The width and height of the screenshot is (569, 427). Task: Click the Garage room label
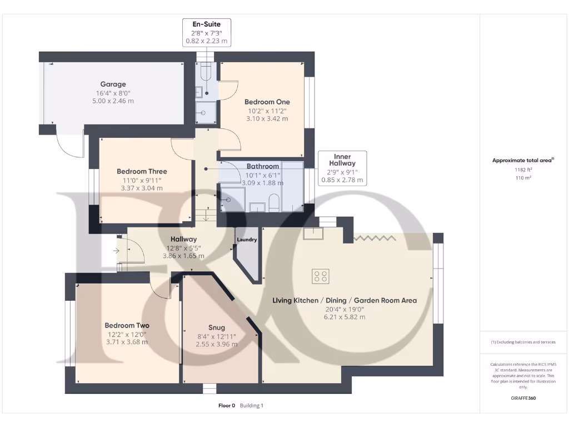tap(113, 85)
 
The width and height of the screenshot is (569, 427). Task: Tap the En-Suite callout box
tap(206, 32)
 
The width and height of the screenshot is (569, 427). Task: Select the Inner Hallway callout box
tap(342, 167)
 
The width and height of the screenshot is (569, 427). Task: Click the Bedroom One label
tap(267, 102)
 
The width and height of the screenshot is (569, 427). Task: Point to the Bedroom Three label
tap(142, 171)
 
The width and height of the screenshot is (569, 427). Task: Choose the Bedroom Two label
tap(127, 325)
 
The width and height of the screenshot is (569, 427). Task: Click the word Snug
tap(216, 327)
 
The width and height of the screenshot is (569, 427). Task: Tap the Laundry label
tap(247, 240)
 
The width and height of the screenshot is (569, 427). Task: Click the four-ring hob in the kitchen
tap(321, 275)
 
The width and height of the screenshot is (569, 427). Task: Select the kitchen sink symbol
tap(313, 233)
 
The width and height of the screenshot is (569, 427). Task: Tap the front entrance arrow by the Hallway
tap(116, 251)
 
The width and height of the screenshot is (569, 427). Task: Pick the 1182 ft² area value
tap(522, 170)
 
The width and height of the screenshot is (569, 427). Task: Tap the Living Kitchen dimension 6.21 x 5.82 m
tap(345, 317)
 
